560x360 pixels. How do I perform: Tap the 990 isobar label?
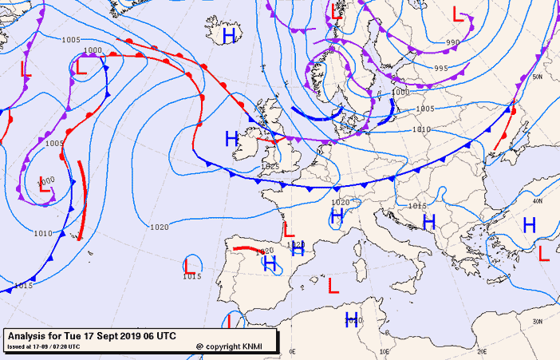(x=452, y=42)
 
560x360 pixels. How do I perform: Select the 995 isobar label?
(x=440, y=69)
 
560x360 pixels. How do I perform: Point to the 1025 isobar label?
(x=270, y=166)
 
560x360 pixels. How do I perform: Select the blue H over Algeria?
(x=351, y=320)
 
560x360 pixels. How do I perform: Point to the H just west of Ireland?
(x=231, y=138)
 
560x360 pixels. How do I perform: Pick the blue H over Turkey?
(x=528, y=225)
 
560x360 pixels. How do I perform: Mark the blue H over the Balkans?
(x=428, y=220)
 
